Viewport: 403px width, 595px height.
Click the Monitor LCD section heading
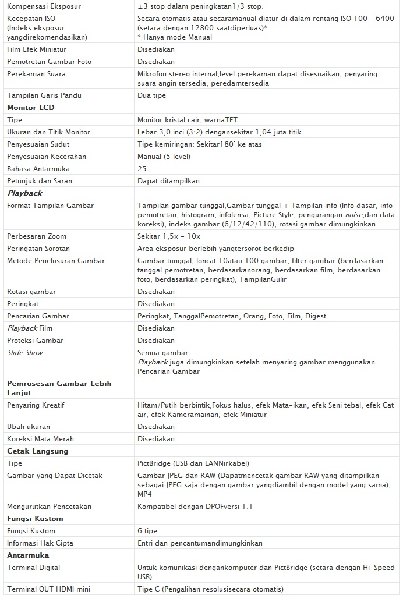pyautogui.click(x=31, y=108)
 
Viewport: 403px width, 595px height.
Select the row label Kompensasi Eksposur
pyautogui.click(x=44, y=6)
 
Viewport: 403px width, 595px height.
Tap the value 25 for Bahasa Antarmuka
pyautogui.click(x=142, y=169)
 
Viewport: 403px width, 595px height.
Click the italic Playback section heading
pyautogui.click(x=24, y=193)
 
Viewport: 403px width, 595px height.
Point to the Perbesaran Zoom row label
pyautogui.click(x=37, y=236)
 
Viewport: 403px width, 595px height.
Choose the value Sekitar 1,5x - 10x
pyautogui.click(x=169, y=236)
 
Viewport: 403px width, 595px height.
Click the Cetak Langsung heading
pyautogui.click(x=38, y=451)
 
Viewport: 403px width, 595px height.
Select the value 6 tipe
pyautogui.click(x=147, y=531)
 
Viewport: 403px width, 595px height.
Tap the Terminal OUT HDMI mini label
pyautogui.click(x=49, y=589)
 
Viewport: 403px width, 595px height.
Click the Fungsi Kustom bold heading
pyautogui.click(x=35, y=519)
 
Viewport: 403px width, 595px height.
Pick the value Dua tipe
pyautogui.click(x=151, y=95)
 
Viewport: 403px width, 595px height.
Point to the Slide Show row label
pyautogui.click(x=25, y=353)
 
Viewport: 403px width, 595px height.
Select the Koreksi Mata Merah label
pyautogui.click(x=40, y=439)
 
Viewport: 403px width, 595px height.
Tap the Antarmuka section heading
pyautogui.click(x=28, y=555)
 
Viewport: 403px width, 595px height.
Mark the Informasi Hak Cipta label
pyautogui.click(x=40, y=543)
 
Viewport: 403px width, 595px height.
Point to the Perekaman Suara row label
pyautogui.click(x=36, y=74)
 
